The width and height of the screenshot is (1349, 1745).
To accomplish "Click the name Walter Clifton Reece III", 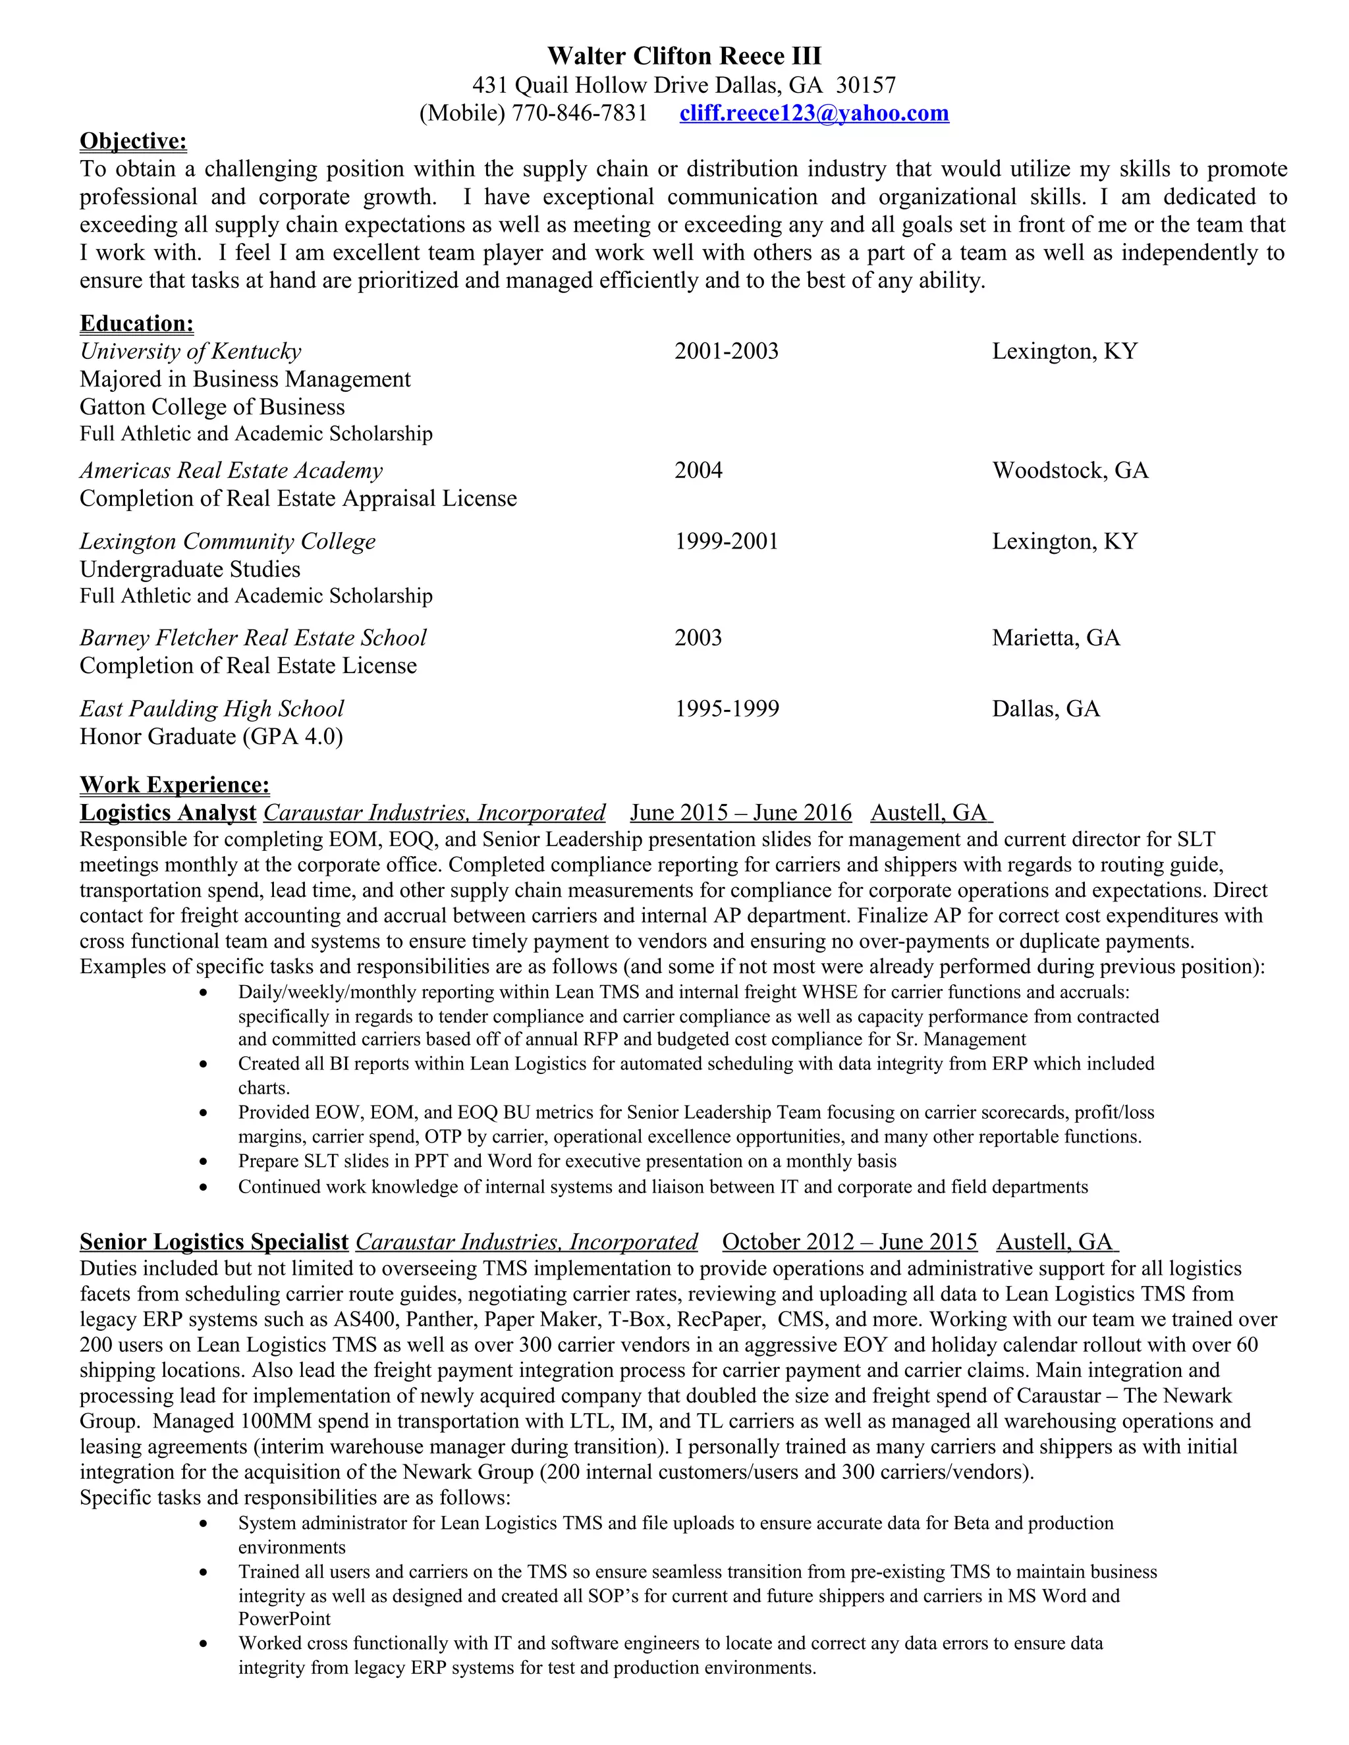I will point(684,56).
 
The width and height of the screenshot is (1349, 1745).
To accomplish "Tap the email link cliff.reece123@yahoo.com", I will point(813,113).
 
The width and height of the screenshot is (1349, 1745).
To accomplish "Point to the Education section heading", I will point(136,323).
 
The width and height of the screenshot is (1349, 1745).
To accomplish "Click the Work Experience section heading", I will point(174,785).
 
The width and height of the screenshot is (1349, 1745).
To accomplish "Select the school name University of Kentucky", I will point(190,352).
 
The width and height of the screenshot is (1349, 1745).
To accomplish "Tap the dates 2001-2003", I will point(726,352).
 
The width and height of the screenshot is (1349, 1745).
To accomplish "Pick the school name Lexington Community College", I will point(227,542).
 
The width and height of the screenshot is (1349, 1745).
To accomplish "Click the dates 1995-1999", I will point(726,709).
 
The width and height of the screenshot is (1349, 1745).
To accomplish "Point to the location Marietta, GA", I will point(1055,638).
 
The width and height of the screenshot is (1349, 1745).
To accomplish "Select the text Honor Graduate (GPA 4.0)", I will point(211,737).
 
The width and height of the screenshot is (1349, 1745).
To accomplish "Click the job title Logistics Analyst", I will point(168,813).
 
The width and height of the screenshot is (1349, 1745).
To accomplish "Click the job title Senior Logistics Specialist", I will point(213,1242).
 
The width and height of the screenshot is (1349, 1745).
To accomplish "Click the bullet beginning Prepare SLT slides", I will point(566,1161).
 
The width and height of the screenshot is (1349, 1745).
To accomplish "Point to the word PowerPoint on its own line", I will point(284,1619).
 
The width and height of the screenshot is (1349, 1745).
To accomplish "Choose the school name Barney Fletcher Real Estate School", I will point(252,638).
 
